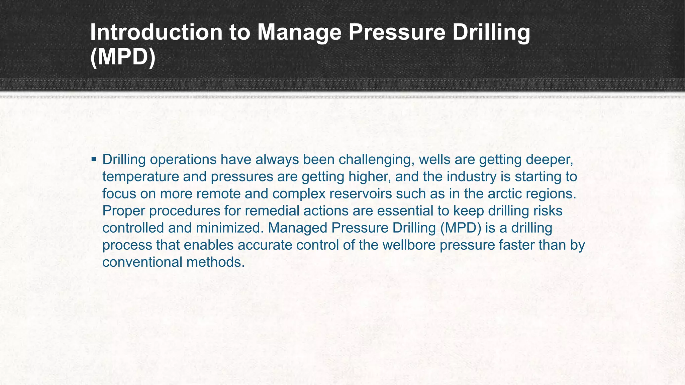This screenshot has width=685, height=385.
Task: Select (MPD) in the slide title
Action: click(123, 57)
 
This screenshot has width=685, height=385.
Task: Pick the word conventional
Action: click(142, 262)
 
